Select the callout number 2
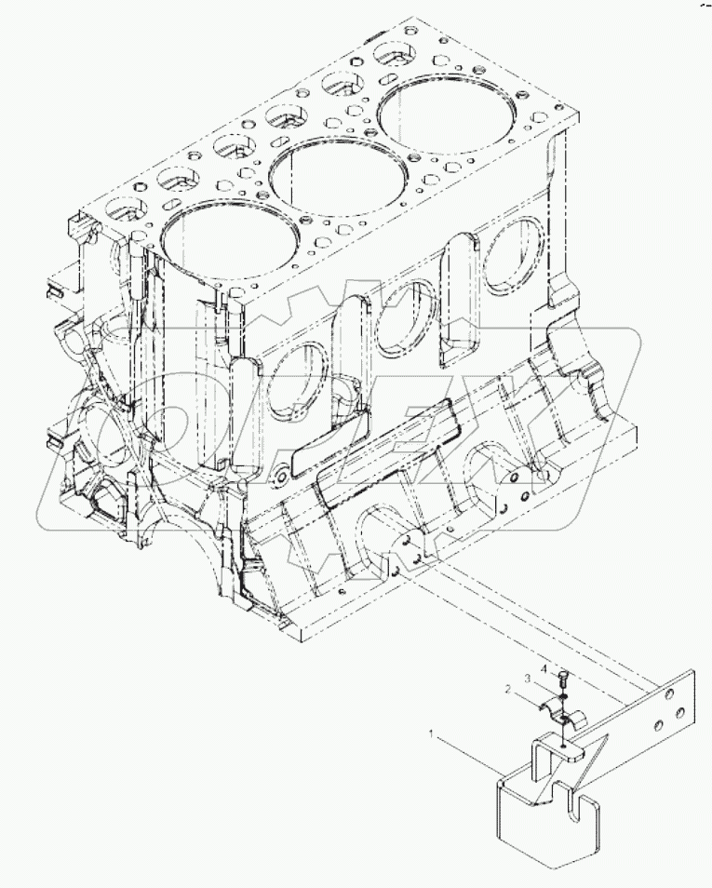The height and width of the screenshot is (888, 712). pos(508,690)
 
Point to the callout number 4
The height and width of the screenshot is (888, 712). pos(542,669)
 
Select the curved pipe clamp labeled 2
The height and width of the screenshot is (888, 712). pos(559,711)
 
